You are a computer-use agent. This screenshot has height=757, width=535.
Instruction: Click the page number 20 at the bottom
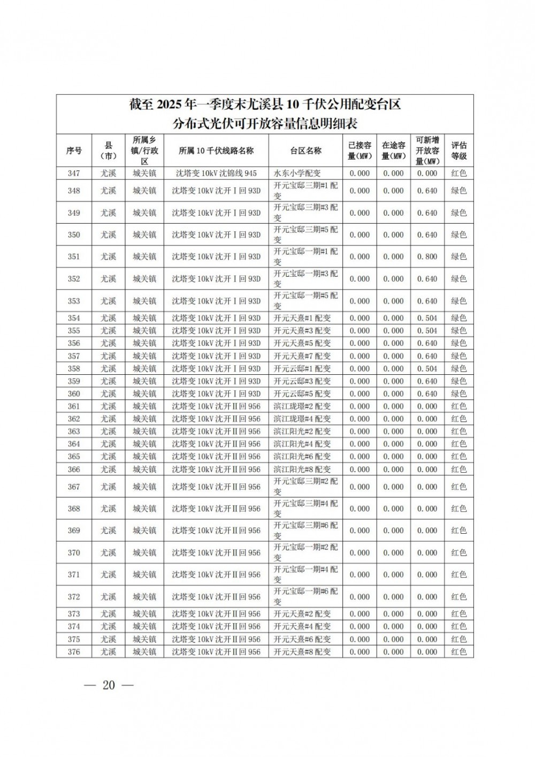(x=109, y=685)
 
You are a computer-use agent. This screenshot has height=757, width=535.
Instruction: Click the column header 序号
(x=74, y=150)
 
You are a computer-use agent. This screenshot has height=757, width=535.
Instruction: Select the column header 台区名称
(x=305, y=150)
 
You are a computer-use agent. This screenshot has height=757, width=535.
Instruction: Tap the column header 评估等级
(x=458, y=150)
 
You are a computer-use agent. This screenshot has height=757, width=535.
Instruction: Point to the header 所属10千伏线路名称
(x=216, y=150)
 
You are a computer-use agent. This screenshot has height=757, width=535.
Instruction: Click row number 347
(x=74, y=173)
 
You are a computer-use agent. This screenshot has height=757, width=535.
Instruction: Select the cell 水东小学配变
(x=297, y=173)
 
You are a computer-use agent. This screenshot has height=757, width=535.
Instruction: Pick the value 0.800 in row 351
(x=427, y=256)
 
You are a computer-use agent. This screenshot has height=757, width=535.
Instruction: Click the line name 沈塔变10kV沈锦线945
(x=216, y=173)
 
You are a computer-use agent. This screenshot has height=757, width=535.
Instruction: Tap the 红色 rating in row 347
(x=458, y=173)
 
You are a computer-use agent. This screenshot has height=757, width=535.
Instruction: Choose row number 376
(x=74, y=652)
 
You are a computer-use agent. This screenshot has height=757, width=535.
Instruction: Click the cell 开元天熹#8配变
(x=302, y=652)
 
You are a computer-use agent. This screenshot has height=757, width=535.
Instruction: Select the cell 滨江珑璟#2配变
(x=302, y=406)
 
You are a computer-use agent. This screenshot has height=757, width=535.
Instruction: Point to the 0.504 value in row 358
(x=427, y=368)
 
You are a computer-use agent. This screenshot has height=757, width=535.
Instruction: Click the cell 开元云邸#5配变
(x=302, y=393)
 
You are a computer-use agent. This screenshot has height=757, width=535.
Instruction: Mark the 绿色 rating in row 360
(x=458, y=393)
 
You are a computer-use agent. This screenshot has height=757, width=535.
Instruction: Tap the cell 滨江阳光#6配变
(x=302, y=457)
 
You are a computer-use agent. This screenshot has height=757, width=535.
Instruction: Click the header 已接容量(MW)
(x=359, y=150)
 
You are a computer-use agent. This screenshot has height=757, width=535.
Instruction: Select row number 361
(x=74, y=406)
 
